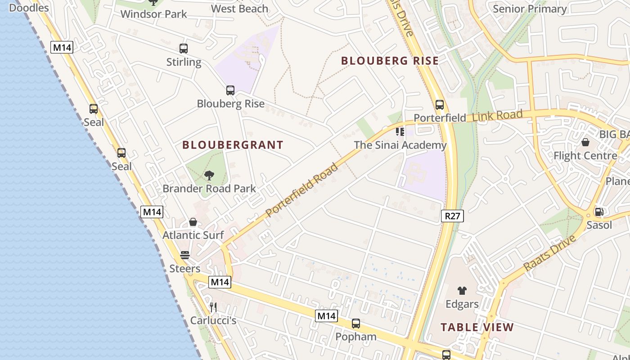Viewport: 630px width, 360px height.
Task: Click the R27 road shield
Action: pos(452,216)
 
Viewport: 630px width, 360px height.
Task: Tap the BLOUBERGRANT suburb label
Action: pos(233,145)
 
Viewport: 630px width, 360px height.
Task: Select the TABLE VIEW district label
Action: pos(477,327)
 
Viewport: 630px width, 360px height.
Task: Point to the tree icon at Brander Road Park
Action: pos(209,175)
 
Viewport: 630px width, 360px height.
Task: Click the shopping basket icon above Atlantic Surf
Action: pos(193,222)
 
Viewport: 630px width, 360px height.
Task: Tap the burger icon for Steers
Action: pos(184,255)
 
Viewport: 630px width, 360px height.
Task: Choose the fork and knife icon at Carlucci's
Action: pos(213,307)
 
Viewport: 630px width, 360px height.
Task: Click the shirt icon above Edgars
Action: pos(462,291)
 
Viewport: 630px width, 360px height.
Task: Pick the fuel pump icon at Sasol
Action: pos(599,211)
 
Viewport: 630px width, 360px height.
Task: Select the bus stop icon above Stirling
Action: pos(183,49)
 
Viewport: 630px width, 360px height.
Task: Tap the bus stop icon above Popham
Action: pos(356,323)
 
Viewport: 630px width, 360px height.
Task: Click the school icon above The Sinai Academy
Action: pos(400,131)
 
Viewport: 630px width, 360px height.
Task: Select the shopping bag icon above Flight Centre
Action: pos(585,142)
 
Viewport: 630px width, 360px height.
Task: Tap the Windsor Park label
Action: pos(153,14)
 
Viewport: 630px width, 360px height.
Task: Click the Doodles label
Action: pos(29,8)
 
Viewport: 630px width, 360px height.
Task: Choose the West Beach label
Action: pos(239,9)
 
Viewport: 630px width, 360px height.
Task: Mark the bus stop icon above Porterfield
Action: pos(440,105)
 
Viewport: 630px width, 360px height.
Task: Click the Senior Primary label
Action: pos(530,9)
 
